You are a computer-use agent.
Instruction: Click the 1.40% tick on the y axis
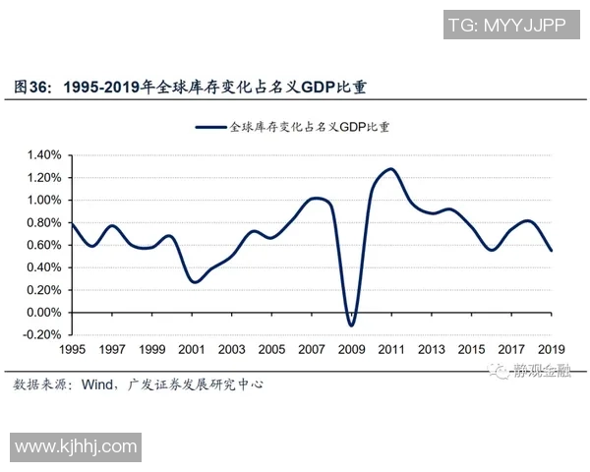tap(43, 155)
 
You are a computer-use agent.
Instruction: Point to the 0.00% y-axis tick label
tap(43, 313)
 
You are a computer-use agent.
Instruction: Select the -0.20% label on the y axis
tap(42, 335)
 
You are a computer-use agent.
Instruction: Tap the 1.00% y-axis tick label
tap(43, 201)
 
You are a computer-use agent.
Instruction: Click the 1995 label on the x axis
tap(73, 350)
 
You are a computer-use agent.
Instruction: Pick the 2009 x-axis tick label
tap(351, 350)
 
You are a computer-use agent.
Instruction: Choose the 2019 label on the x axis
tap(551, 350)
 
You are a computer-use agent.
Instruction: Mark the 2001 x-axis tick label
tap(192, 350)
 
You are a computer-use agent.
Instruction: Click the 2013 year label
tap(431, 350)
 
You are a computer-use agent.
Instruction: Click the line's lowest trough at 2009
tap(351, 325)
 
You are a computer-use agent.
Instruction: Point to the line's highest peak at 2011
tap(391, 169)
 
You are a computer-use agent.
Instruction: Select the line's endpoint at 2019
tap(551, 251)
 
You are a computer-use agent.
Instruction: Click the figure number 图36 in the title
tap(32, 88)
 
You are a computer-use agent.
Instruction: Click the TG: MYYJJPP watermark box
tap(505, 26)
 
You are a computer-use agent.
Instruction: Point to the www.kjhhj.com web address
tap(76, 447)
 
